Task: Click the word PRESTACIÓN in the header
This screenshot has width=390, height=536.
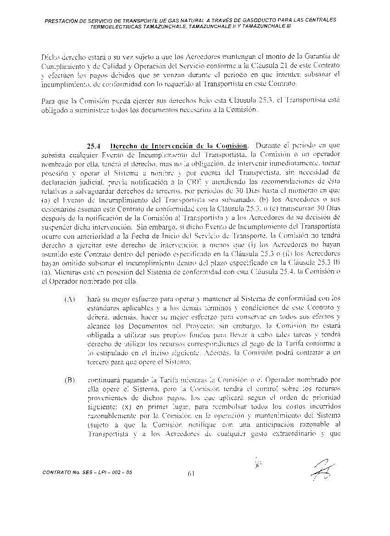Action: (x=65, y=20)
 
